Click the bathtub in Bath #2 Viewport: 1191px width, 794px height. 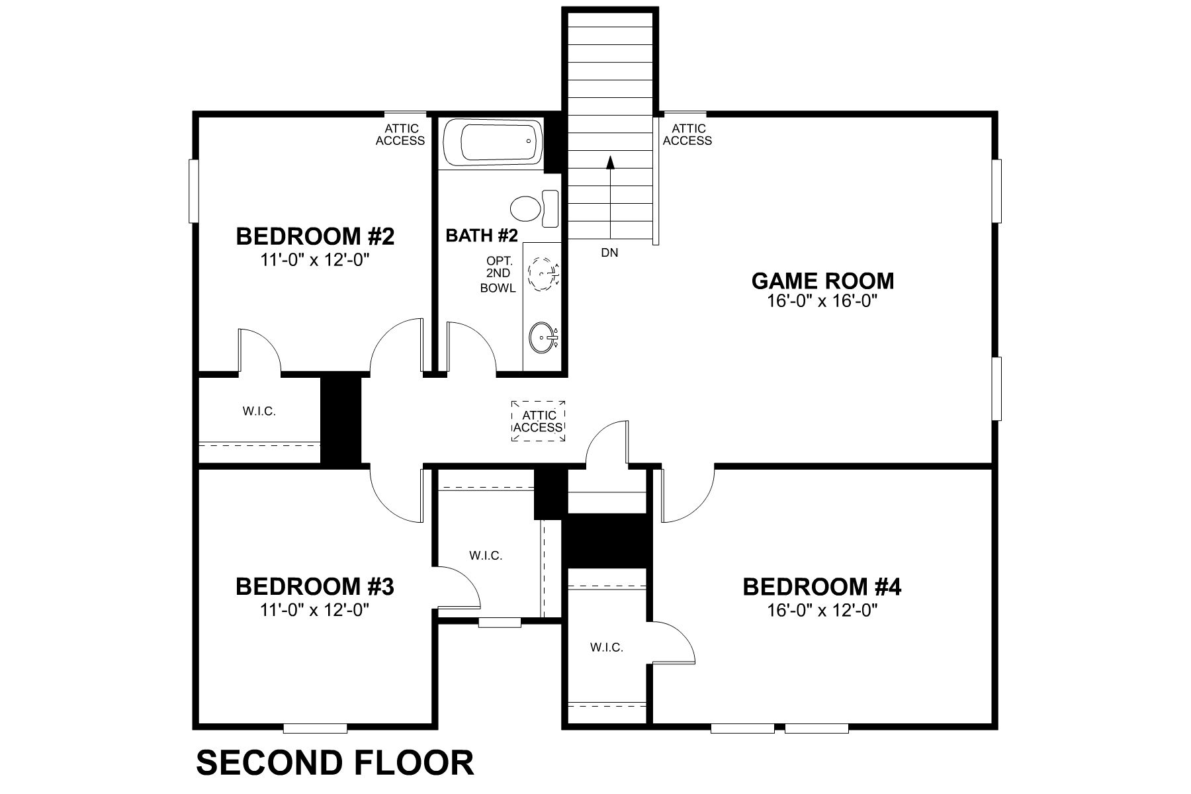coord(492,143)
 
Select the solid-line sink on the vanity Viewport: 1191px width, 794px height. coord(543,337)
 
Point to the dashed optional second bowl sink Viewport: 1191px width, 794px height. coord(544,271)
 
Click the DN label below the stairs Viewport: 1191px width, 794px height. coord(609,253)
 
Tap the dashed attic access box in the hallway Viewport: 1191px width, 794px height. coord(539,421)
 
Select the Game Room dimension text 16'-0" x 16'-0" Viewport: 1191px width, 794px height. coord(822,302)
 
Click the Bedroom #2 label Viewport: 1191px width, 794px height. coord(315,236)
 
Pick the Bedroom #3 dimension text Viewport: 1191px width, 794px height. coord(315,609)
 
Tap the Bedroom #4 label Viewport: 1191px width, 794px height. coord(822,587)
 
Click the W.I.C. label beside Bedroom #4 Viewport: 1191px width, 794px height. coord(607,648)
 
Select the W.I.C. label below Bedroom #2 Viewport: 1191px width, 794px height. coord(259,412)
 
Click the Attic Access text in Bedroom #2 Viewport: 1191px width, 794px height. coord(400,134)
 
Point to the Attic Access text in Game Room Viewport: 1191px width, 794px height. coord(687,134)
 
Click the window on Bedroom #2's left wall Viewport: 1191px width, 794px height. coord(193,191)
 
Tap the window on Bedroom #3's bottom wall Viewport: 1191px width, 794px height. coord(315,728)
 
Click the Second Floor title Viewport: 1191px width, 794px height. coord(335,763)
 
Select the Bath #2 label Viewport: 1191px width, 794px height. coord(481,236)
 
